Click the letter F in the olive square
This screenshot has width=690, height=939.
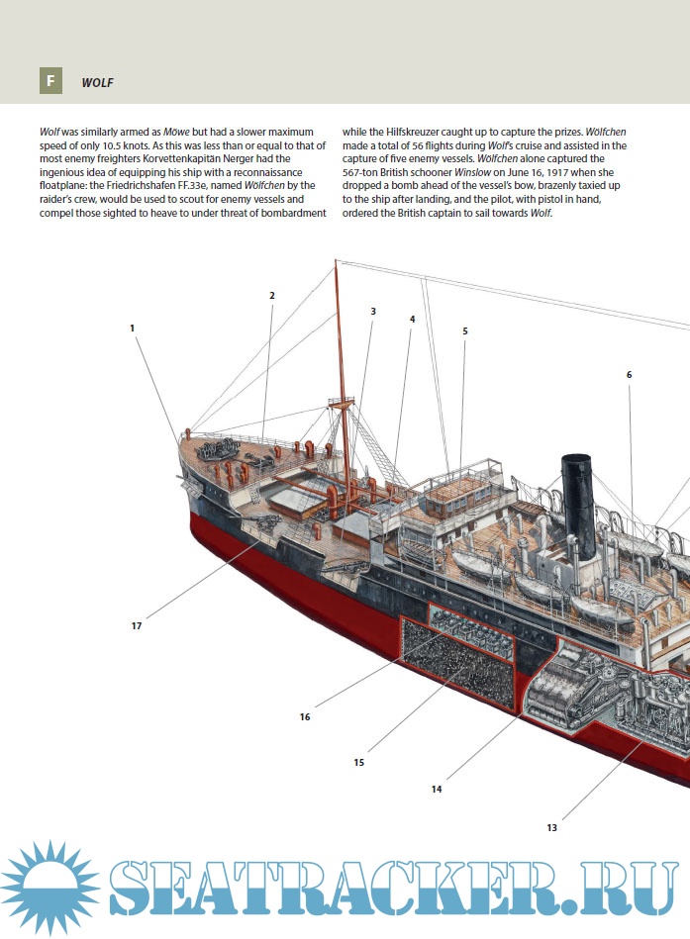51,81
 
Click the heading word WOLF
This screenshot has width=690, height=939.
98,83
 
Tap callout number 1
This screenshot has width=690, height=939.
132,328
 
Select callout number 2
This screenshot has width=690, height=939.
271,295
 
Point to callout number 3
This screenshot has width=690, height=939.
373,311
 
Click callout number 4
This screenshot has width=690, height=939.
412,319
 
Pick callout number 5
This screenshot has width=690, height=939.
464,330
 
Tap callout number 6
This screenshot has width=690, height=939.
629,374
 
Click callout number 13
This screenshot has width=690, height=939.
551,827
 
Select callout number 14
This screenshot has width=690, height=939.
437,789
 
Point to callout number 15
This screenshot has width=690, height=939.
358,762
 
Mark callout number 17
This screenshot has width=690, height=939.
137,625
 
